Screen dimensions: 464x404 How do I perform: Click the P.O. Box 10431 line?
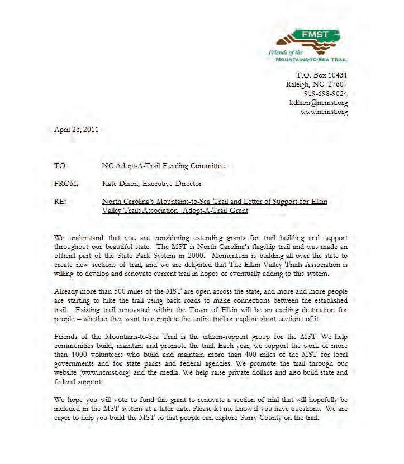point(322,75)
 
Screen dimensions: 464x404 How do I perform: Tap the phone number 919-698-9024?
point(325,94)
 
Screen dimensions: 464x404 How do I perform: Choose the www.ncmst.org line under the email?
point(324,112)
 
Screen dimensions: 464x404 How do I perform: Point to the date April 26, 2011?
point(76,130)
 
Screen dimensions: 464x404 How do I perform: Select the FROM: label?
point(66,184)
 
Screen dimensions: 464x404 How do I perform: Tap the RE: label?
point(60,202)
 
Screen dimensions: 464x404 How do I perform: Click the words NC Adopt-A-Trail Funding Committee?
point(163,166)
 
